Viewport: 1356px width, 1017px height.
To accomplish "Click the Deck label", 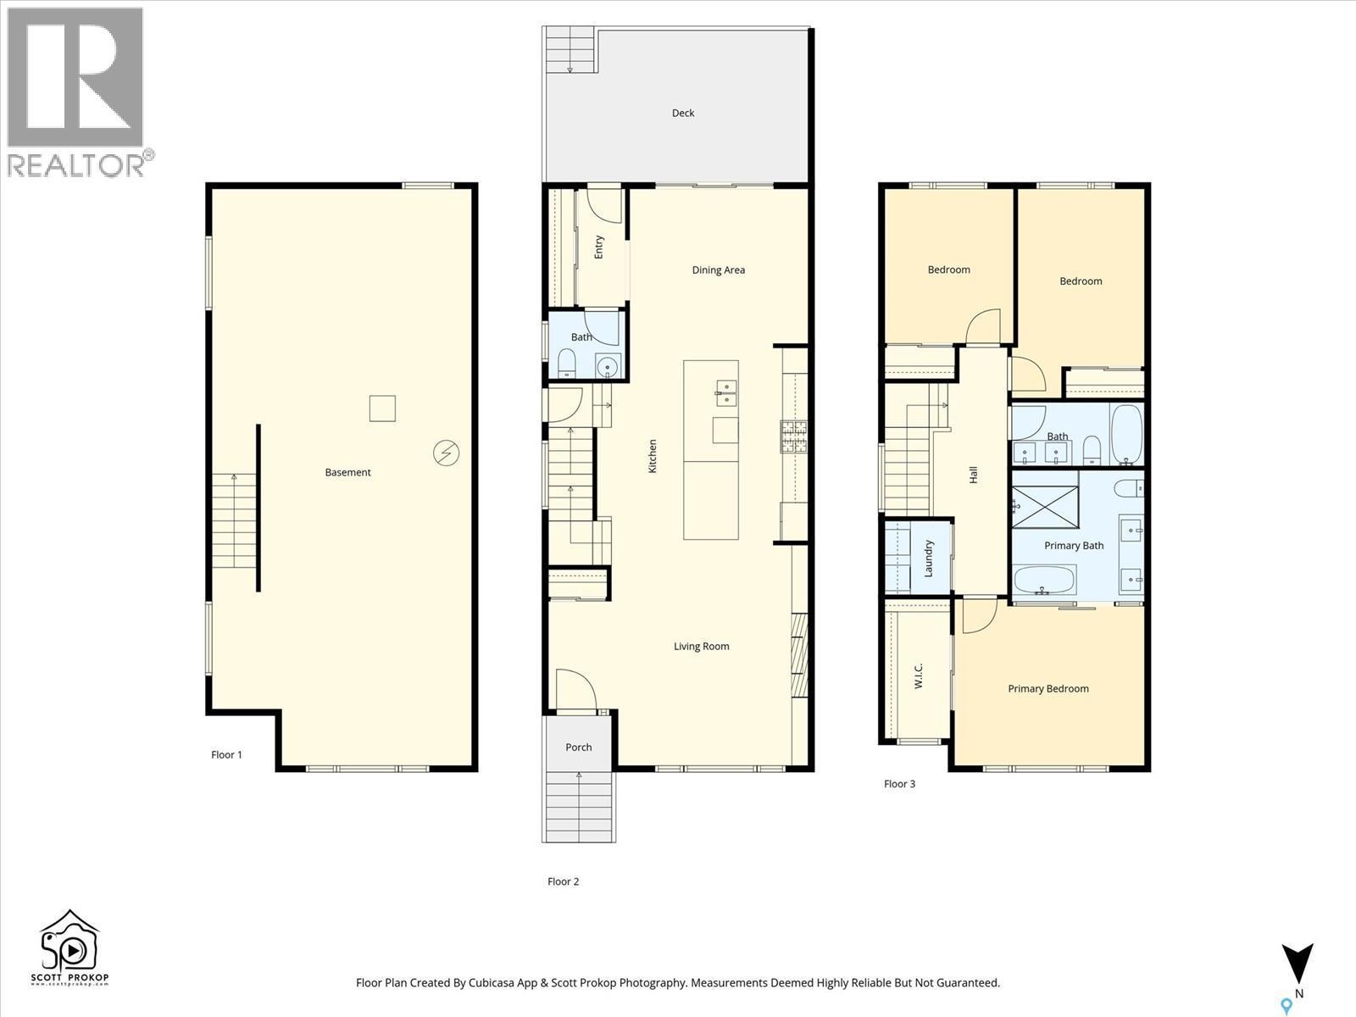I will point(683,113).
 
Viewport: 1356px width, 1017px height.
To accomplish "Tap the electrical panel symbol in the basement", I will point(446,453).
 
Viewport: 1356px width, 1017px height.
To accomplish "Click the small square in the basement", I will point(382,408).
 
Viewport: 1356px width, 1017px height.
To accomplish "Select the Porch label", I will point(579,747).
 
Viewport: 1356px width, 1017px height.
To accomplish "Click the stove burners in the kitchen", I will point(793,436).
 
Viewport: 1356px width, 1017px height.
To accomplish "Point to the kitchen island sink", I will point(726,390).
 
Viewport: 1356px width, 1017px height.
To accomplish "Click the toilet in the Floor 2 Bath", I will point(565,365).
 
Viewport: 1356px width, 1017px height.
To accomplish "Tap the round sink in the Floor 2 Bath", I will point(607,367).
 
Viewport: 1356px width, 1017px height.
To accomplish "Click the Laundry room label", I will point(929,559).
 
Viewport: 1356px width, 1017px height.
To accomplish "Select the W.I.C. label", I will point(919,675).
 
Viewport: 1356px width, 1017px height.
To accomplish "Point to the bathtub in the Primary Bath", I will point(1044,581).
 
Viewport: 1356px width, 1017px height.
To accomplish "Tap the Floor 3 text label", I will point(899,784).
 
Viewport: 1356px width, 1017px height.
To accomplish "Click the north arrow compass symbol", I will point(1297,966).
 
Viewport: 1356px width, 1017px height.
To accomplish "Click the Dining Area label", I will point(718,270).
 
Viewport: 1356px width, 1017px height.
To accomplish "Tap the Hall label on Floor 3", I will point(974,475).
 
